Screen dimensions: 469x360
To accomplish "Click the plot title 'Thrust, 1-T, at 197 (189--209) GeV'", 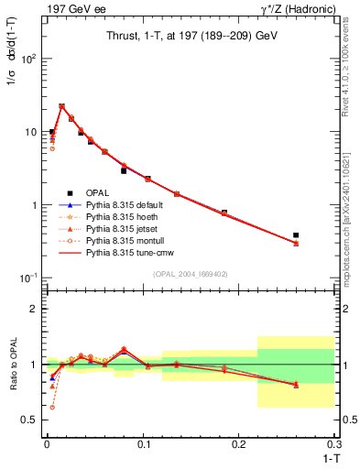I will [190, 35].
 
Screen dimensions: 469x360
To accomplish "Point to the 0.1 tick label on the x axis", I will [142, 443].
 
